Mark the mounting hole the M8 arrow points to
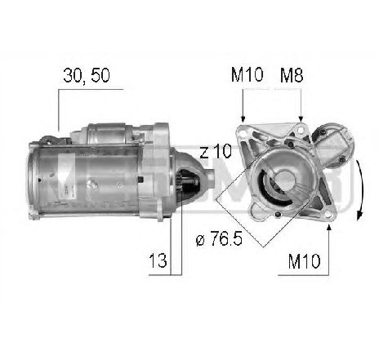301,130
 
